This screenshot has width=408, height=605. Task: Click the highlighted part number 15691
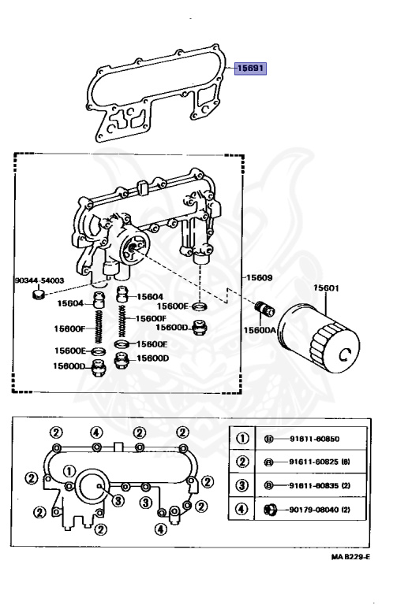tap(250, 69)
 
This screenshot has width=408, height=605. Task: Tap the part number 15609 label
tap(260, 277)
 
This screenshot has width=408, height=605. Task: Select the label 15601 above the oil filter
tap(326, 288)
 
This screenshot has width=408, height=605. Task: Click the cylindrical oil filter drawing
tap(319, 338)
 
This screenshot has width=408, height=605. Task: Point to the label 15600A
tap(260, 330)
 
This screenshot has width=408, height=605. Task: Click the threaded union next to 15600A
tap(264, 310)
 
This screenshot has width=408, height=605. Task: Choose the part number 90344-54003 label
tap(39, 280)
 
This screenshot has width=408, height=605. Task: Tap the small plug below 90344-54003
tap(38, 295)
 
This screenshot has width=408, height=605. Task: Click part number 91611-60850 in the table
tap(314, 439)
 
